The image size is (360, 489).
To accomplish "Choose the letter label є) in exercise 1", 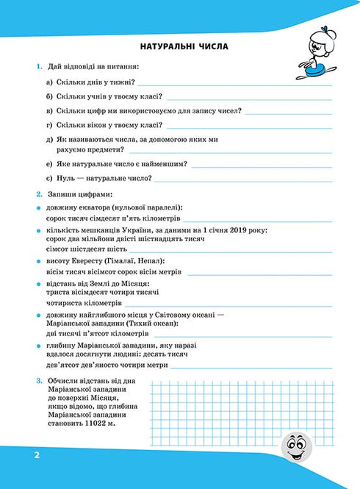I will point(48,178).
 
